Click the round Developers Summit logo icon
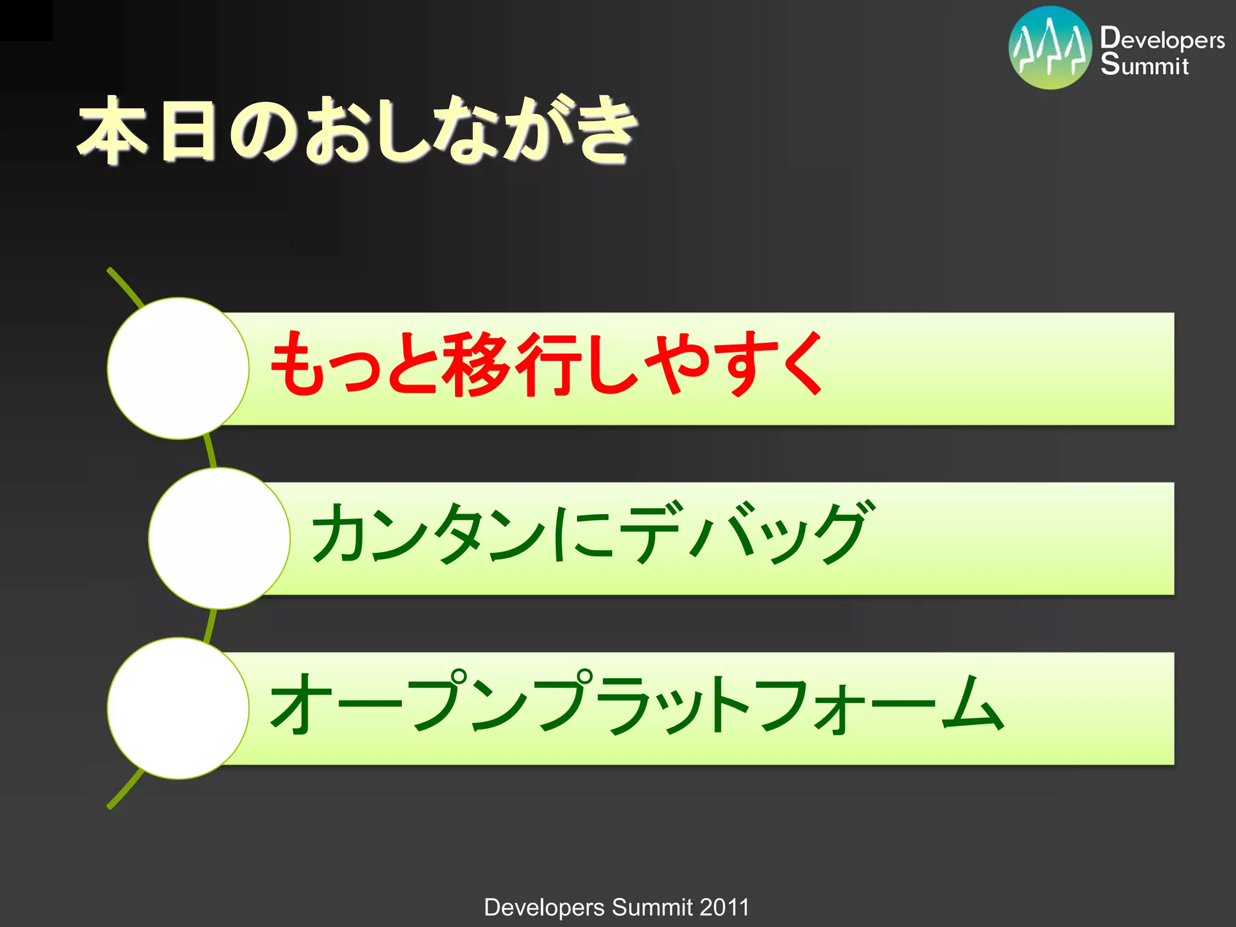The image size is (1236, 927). tap(1050, 48)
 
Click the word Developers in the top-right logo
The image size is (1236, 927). tap(1162, 39)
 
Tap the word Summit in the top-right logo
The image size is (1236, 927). tap(1144, 65)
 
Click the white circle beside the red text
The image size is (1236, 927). tap(178, 368)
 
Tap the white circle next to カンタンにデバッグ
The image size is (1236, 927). tap(219, 538)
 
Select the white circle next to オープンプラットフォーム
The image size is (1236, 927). tap(178, 708)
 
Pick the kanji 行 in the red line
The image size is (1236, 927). tap(546, 364)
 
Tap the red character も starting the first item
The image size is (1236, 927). tap(296, 364)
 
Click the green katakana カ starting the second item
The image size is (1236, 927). tap(338, 532)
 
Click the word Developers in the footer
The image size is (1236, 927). tap(544, 907)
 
